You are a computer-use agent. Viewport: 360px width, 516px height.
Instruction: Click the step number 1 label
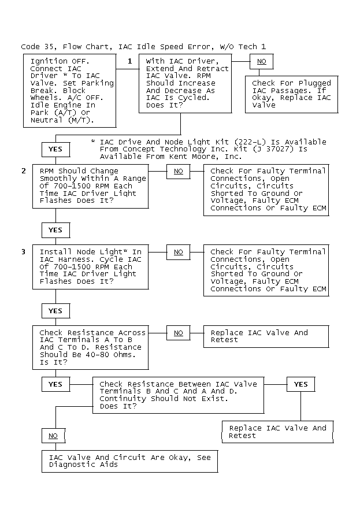click(130, 61)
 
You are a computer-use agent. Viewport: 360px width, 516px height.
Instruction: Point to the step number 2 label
click(24, 170)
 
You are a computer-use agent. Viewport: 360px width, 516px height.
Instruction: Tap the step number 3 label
click(24, 251)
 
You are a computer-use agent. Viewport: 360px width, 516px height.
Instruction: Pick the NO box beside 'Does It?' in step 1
click(262, 61)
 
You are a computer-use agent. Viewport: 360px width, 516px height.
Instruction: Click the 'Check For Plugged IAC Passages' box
click(291, 94)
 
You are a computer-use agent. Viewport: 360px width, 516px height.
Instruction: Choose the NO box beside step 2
click(178, 171)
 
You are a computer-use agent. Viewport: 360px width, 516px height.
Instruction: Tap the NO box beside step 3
click(178, 252)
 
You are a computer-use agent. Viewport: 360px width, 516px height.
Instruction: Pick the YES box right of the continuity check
click(300, 384)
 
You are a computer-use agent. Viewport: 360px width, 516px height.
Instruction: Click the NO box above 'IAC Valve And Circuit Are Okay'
click(53, 436)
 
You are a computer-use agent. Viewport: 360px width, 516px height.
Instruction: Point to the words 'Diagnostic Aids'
click(83, 464)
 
